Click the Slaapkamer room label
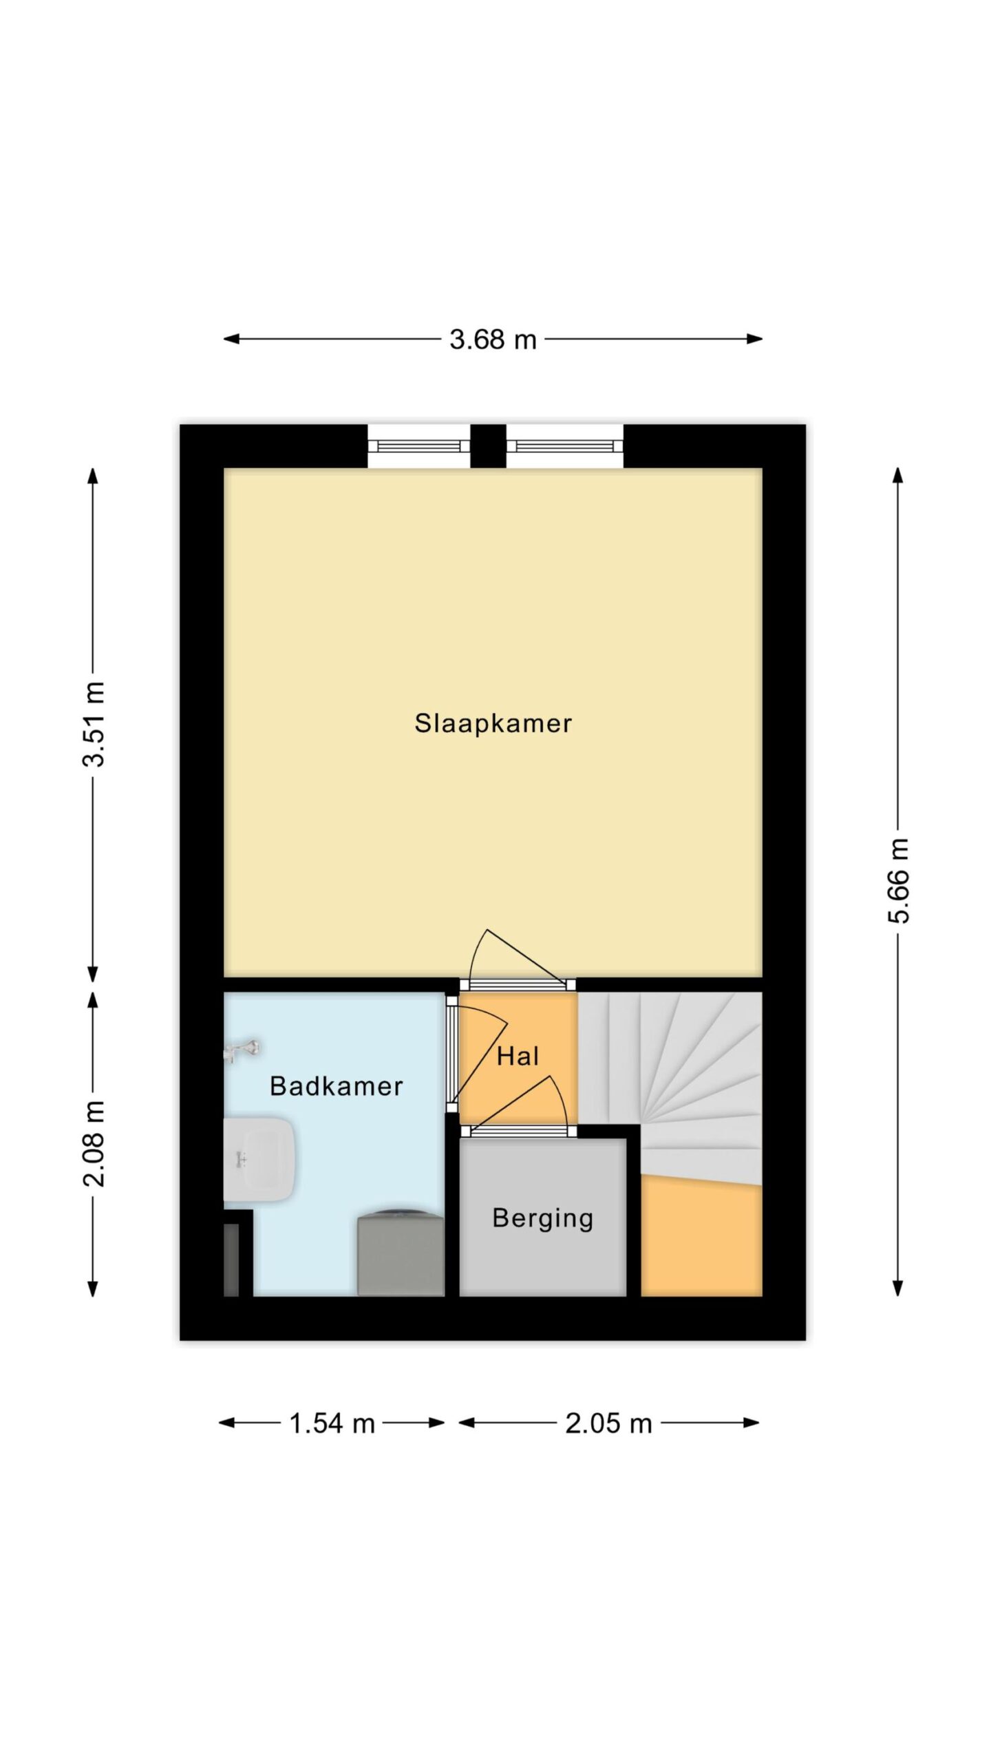tap(493, 723)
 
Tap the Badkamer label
tap(336, 1086)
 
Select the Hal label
tap(518, 1057)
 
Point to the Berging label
tap(543, 1218)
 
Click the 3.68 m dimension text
tap(493, 339)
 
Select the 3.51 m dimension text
tap(94, 723)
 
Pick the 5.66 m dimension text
tap(899, 880)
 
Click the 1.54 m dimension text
tap(332, 1423)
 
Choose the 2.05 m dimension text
tap(608, 1423)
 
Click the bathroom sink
tap(259, 1160)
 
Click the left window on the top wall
tap(418, 446)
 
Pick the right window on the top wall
tap(565, 446)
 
